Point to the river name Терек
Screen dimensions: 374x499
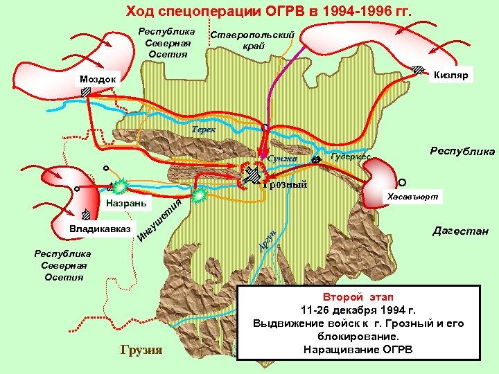[204, 130]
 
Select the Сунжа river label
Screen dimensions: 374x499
[281, 159]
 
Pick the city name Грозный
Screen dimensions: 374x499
[284, 185]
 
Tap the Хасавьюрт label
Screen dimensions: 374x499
[412, 197]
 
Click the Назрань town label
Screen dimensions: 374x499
[126, 204]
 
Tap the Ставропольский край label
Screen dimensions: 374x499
[252, 40]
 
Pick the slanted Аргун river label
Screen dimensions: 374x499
[268, 239]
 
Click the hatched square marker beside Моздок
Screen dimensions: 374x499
[85, 91]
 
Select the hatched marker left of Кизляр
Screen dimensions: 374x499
[419, 69]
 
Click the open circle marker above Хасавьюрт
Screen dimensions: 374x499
[402, 182]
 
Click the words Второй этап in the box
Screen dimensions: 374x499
[357, 296]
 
